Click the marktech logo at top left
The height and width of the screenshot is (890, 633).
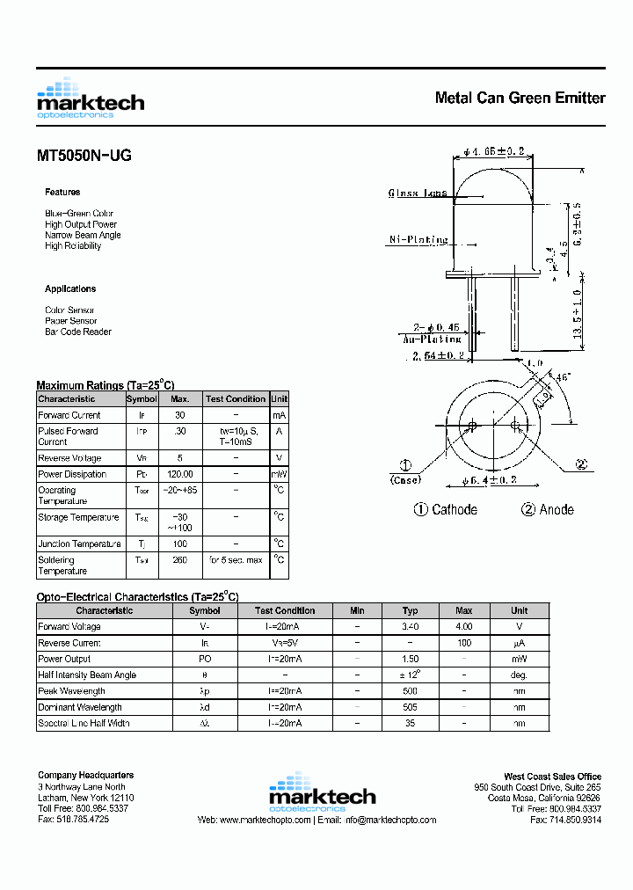pos(90,99)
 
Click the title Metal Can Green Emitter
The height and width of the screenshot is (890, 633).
pos(520,98)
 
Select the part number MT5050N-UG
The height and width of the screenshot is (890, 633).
pos(84,156)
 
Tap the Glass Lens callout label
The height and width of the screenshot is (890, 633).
pos(418,193)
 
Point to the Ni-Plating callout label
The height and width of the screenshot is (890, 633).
pos(418,239)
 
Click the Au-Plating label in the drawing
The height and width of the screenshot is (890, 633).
pos(431,339)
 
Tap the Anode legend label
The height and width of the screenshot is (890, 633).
pos(547,510)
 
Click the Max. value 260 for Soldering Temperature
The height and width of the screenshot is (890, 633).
pos(180,559)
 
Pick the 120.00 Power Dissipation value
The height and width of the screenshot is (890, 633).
pos(180,474)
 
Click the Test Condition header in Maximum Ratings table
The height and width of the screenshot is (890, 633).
pos(236,398)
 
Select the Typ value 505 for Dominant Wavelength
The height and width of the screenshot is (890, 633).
pos(410,707)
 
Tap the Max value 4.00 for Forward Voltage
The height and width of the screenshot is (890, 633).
pos(463,627)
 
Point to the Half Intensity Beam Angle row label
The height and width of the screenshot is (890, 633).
pos(87,675)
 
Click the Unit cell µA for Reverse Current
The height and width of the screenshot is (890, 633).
pos(519,643)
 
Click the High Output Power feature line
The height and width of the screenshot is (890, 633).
pos(81,224)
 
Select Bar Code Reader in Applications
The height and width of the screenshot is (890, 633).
pos(78,332)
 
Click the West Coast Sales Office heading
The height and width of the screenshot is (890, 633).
pos(552,776)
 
